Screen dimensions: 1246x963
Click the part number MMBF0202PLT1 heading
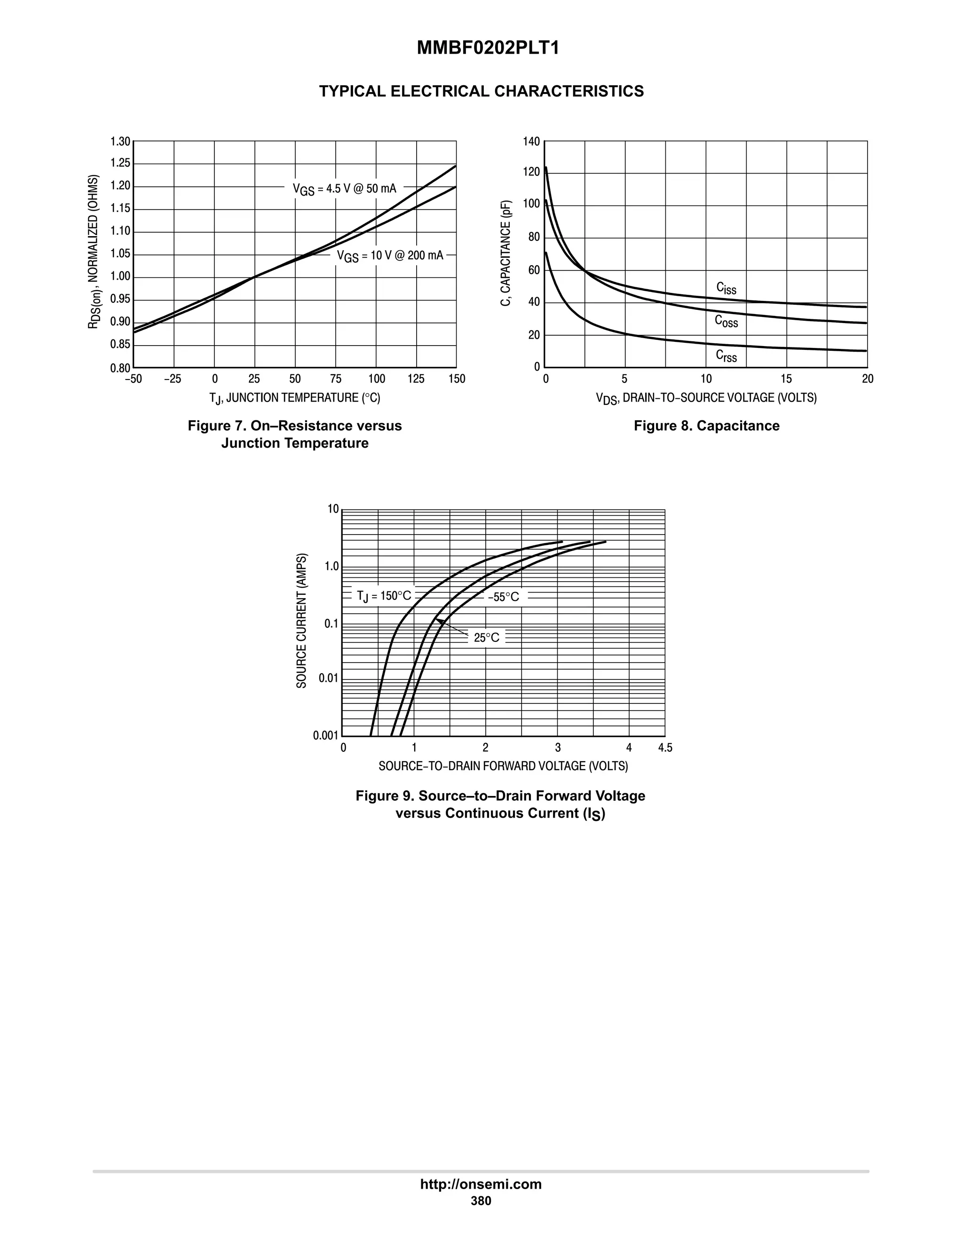488,48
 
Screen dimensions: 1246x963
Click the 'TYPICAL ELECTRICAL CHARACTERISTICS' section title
481,91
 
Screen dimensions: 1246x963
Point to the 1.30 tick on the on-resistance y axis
120,142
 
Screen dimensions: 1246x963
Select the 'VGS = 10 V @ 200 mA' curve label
390,256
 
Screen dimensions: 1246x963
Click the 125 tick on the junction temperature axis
416,379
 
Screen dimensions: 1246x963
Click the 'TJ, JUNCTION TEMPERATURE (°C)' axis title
294,398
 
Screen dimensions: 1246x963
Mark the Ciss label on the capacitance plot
726,288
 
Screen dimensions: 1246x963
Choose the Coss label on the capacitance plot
726,322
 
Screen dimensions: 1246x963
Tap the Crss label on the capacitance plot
726,356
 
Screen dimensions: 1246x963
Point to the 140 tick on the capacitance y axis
531,142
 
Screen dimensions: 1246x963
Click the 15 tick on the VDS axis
786,379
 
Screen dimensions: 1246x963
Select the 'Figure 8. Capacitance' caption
706,426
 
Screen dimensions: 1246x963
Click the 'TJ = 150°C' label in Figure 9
384,596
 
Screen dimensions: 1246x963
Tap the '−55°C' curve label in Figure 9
503,597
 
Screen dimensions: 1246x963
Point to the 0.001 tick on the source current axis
326,735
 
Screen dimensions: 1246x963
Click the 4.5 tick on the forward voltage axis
665,748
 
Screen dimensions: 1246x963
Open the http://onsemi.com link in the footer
481,1184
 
